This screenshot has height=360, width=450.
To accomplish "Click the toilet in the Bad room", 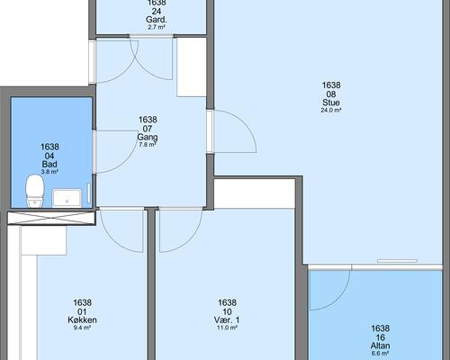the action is point(35,191).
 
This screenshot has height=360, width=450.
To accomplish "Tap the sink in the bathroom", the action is point(67,198).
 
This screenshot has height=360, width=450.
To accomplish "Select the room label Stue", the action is point(331,103).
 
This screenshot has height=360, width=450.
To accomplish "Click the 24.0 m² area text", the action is point(331,110).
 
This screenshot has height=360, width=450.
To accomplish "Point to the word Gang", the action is point(148,138).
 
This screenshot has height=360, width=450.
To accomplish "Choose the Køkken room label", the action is point(82,319).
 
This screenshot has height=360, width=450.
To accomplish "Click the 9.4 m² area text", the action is point(82,328).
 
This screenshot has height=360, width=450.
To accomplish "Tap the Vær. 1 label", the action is point(227,319).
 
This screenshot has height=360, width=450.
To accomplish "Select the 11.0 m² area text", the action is point(227,328).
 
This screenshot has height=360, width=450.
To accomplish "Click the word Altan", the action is point(380,346).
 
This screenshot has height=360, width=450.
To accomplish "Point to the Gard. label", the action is point(157,20).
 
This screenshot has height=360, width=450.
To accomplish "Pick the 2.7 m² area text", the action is point(157,27).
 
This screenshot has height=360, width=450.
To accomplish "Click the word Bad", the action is point(49,164).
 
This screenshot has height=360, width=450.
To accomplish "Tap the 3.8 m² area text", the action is point(49,172).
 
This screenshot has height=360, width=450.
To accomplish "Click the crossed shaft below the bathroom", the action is point(51,218).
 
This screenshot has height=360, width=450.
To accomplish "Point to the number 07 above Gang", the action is point(148,129).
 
